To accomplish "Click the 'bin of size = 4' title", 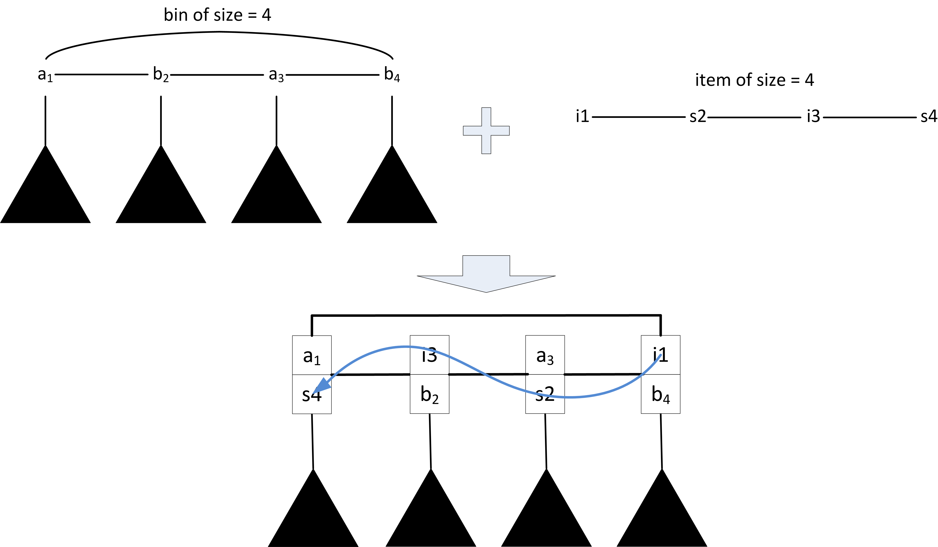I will click(x=217, y=15).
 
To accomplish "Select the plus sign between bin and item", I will click(x=486, y=131).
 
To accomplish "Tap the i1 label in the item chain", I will click(x=583, y=117).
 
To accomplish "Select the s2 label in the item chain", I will click(x=698, y=117).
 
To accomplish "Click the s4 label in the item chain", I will click(x=928, y=117).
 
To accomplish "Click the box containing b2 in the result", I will click(x=430, y=394).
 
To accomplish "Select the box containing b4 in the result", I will click(x=660, y=394).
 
